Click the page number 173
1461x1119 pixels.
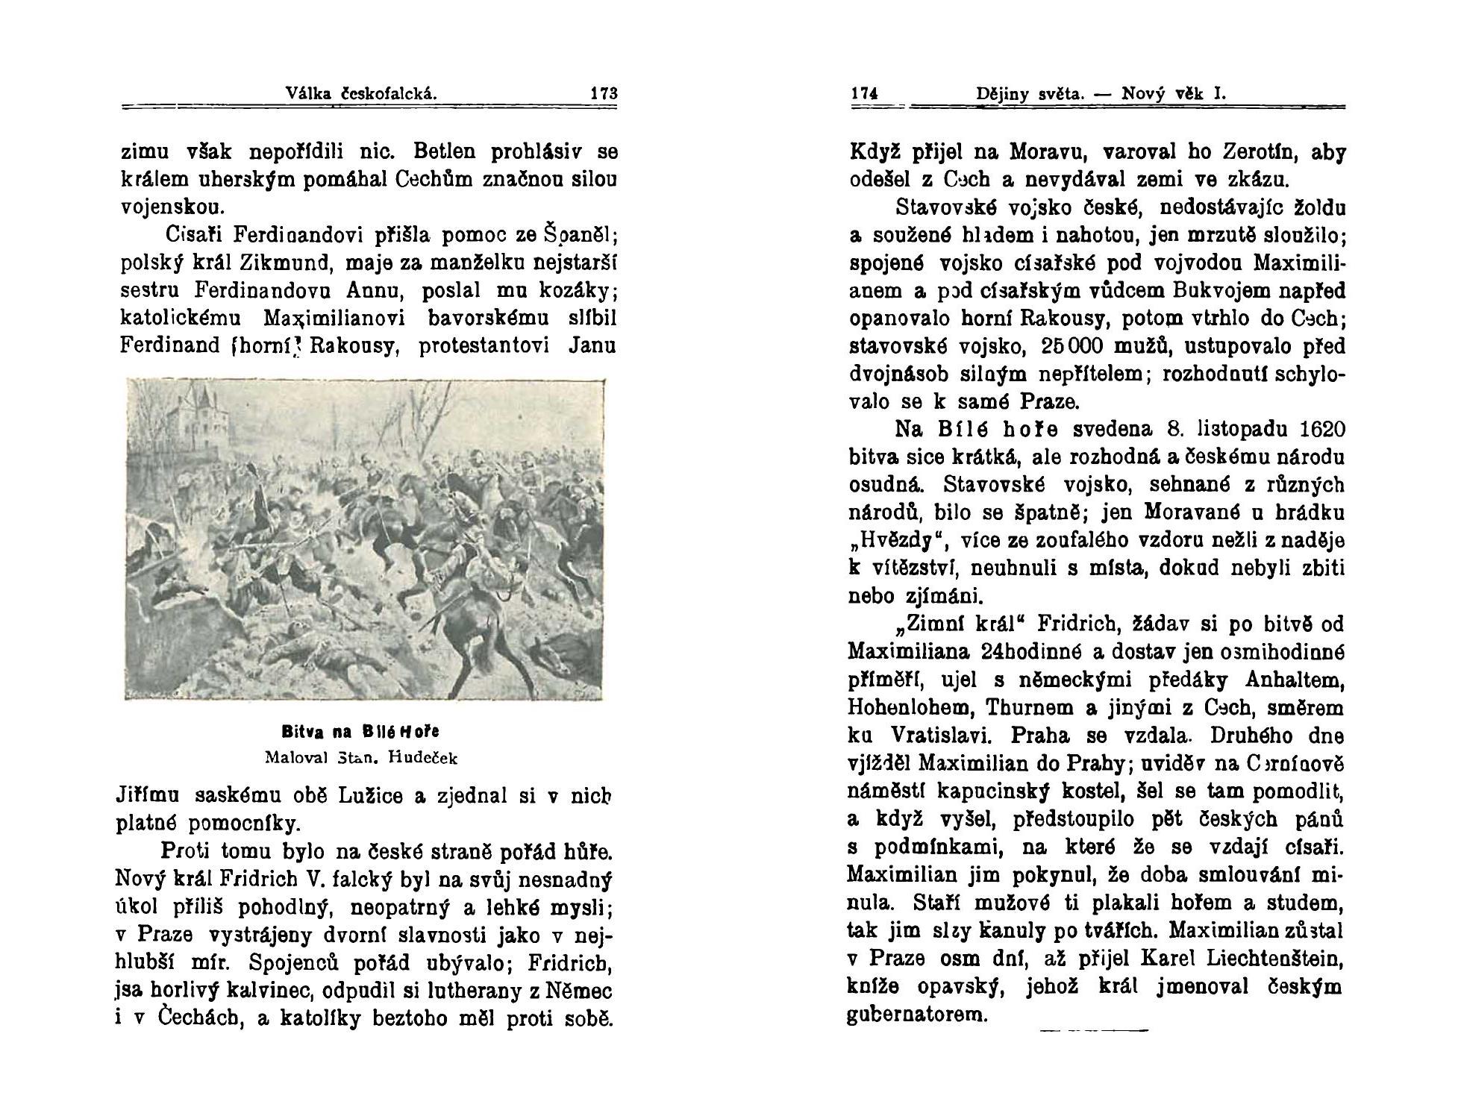pyautogui.click(x=604, y=94)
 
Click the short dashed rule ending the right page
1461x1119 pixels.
pyautogui.click(x=1093, y=1031)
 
